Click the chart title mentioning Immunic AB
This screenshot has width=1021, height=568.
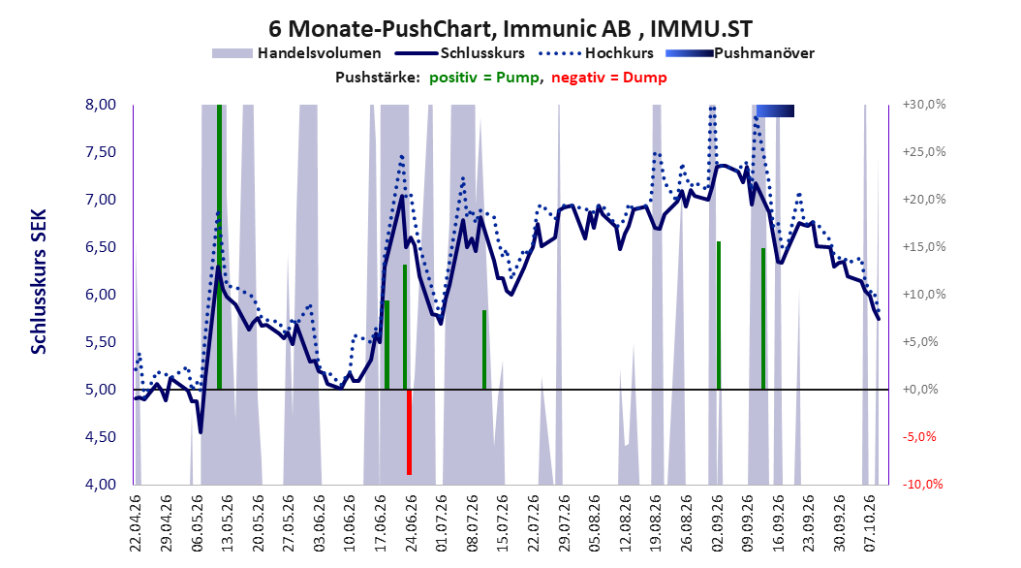coord(510,29)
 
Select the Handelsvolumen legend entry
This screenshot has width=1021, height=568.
coord(297,53)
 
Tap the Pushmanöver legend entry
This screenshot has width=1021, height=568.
coord(740,53)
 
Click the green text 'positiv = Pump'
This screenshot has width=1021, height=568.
coord(483,78)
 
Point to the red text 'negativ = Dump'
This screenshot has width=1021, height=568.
coord(609,78)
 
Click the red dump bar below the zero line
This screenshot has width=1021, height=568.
coord(409,432)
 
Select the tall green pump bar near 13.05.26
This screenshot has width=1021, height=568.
coord(219,247)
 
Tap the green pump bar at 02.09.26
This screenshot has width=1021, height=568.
coord(719,315)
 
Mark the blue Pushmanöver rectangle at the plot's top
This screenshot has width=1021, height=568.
coord(775,110)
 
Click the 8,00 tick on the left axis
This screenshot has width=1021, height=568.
coord(101,105)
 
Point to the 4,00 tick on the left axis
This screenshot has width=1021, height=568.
coord(101,484)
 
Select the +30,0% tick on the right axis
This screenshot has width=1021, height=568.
coord(924,105)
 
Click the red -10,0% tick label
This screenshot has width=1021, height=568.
coord(922,484)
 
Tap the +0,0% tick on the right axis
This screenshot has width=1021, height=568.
coord(921,390)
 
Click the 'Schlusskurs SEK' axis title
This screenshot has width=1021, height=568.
coord(39,281)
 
